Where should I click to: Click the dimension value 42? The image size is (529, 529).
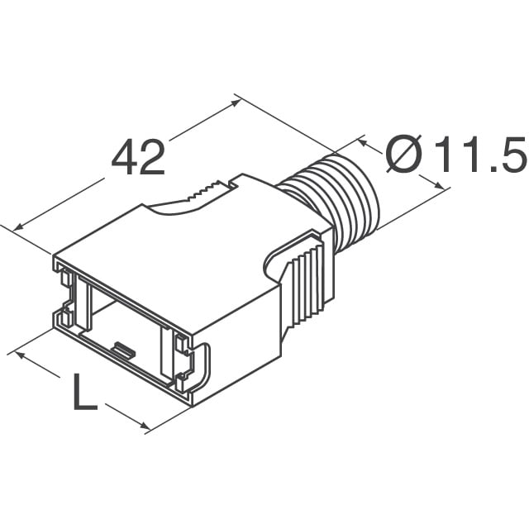[x=138, y=157]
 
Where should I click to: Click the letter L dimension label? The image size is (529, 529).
[x=83, y=394]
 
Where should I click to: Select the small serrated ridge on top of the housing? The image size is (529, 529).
[x=206, y=193]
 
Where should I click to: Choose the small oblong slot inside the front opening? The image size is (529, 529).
[x=122, y=351]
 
